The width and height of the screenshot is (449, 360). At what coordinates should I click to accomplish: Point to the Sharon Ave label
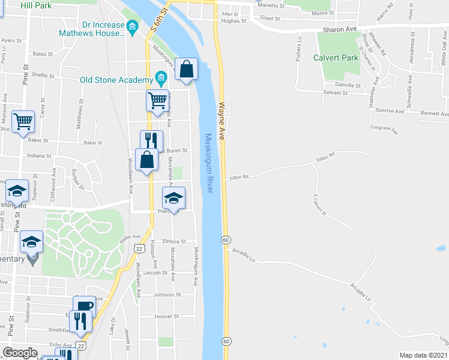340,29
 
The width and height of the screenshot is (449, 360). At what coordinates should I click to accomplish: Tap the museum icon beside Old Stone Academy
160,79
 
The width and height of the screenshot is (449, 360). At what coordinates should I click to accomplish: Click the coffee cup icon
84,305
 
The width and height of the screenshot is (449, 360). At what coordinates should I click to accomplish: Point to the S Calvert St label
319,205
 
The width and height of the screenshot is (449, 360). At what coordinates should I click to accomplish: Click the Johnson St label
167,295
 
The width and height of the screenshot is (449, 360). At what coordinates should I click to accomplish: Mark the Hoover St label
167,316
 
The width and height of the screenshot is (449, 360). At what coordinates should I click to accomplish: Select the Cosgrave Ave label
385,127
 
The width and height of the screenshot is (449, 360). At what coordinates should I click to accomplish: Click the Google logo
20,353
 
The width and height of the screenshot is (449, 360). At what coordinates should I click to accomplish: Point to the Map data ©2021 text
424,355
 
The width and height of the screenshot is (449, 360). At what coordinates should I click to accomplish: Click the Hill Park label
35,5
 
